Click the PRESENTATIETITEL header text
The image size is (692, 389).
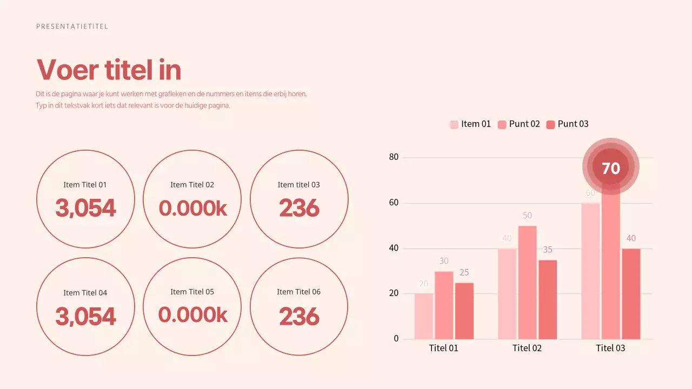pos(72,26)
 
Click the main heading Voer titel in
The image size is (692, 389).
pos(109,70)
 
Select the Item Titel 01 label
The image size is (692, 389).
pos(85,185)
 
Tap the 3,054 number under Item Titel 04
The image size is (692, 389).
pos(85,317)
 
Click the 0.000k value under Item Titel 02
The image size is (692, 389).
pos(192,208)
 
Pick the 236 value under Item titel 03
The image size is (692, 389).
pos(299,208)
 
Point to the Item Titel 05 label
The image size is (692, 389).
pos(192,292)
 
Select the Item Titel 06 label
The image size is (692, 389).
pos(298,292)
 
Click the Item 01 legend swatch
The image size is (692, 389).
pos(454,124)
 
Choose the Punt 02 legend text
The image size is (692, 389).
pos(524,124)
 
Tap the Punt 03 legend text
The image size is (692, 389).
pos(573,124)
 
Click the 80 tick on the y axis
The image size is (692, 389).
pos(394,157)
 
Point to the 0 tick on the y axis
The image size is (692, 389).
pos(396,339)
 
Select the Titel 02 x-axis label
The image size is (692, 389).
pos(527,348)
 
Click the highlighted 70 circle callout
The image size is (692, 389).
pos(611,168)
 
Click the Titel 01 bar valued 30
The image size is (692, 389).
pos(444,305)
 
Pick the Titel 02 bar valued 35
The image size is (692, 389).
pos(548,300)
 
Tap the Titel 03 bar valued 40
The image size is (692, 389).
pos(631,294)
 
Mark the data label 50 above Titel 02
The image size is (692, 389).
pos(527,216)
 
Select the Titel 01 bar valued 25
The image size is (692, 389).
pos(464,311)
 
